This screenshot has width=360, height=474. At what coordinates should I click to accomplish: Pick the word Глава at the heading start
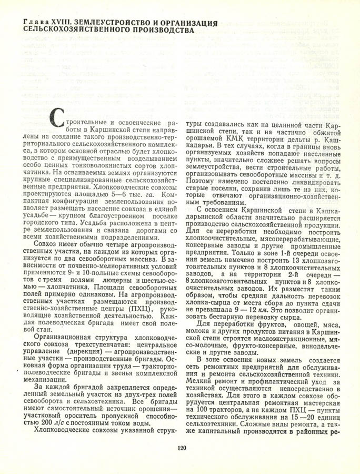(x=30, y=23)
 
